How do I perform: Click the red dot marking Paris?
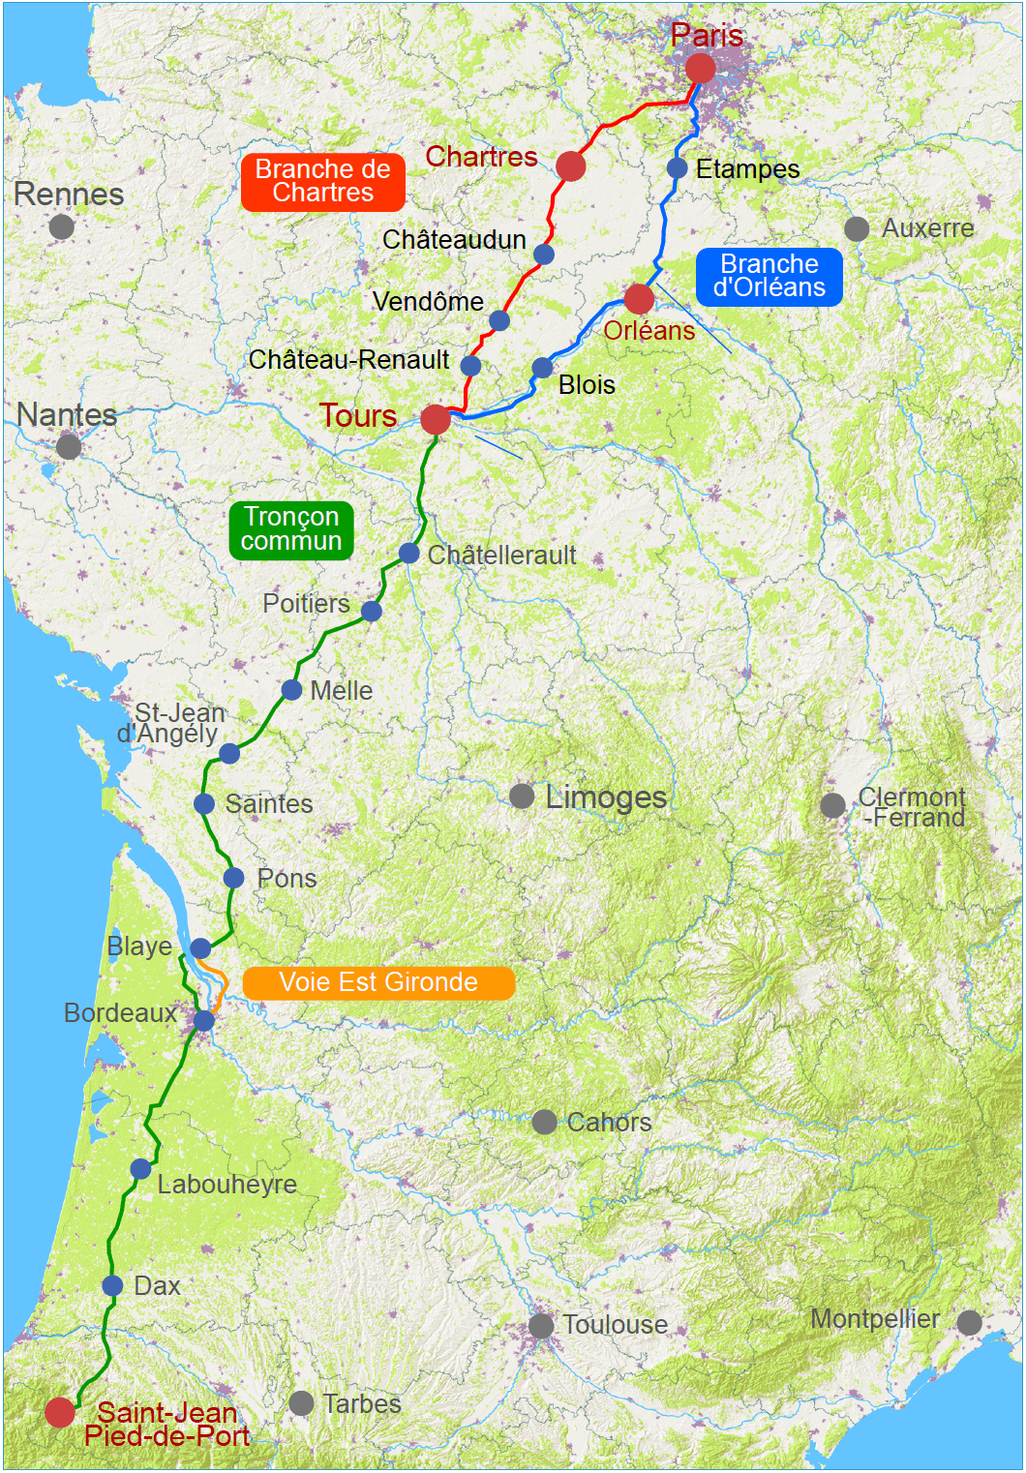700,69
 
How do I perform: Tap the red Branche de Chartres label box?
322,181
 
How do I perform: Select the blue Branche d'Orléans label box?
769,276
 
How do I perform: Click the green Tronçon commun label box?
290,528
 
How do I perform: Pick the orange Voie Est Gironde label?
377,982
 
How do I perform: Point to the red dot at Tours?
436,419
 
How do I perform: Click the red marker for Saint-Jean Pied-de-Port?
60,1412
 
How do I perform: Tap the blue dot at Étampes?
678,168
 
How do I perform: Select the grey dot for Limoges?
522,797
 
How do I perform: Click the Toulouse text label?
615,1324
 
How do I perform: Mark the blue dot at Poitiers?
372,611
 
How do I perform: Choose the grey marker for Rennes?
61,226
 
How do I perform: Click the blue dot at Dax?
112,1285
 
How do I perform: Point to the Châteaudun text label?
454,239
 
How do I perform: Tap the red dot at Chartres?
570,166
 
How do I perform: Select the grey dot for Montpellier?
969,1322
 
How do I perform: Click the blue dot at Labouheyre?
140,1169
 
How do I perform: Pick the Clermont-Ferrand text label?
912,807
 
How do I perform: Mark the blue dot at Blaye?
200,947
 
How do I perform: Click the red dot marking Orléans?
639,299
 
